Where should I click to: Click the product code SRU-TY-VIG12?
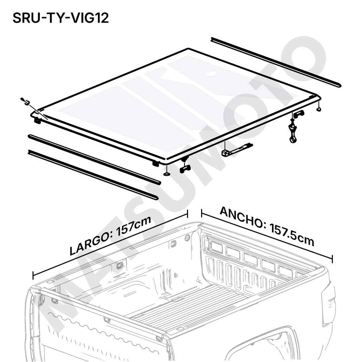tap(60, 18)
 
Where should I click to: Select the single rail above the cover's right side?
tap(276, 62)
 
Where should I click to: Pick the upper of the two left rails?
tap(94, 159)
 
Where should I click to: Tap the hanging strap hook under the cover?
tap(293, 133)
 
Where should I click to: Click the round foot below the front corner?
tap(167, 174)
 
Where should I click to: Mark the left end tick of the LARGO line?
tap(33, 275)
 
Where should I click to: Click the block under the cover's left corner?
tap(37, 120)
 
